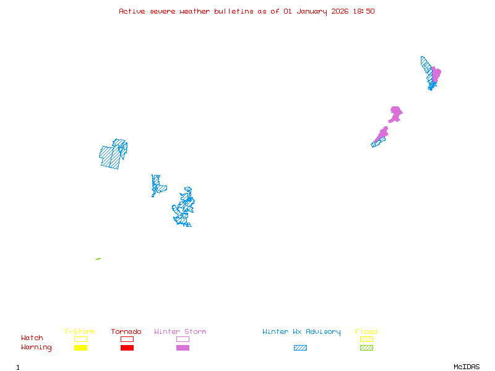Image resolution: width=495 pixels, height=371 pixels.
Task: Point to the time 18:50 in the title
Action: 364,11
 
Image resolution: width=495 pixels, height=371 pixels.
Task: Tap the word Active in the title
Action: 133,11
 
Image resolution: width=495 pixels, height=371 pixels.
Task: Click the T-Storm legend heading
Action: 80,332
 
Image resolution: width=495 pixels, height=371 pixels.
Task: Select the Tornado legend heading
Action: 126,332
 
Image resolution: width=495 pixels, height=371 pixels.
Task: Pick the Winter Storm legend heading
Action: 180,332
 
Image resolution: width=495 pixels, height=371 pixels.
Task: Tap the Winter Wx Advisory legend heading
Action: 301,332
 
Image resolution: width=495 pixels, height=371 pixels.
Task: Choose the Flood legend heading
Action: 366,332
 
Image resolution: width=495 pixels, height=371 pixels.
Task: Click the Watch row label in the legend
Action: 32,338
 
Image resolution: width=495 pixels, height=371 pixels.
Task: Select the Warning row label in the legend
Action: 37,348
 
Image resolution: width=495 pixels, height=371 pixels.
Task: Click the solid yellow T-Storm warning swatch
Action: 80,348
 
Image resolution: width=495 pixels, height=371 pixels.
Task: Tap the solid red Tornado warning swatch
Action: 127,348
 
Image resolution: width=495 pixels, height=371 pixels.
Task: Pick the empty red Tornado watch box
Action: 127,339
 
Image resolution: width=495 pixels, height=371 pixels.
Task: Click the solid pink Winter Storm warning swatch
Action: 183,348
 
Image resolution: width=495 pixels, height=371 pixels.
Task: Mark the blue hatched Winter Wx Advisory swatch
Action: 300,348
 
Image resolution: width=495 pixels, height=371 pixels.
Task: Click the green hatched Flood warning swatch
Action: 366,348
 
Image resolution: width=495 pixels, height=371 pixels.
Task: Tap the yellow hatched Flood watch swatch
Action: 366,339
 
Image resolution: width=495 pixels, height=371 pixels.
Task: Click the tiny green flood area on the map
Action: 98,258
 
